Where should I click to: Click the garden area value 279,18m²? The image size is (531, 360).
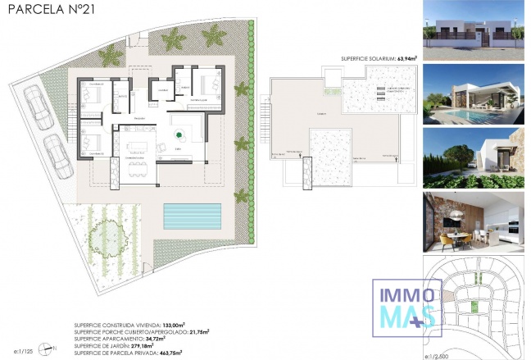pyautogui.click(x=163, y=344)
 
